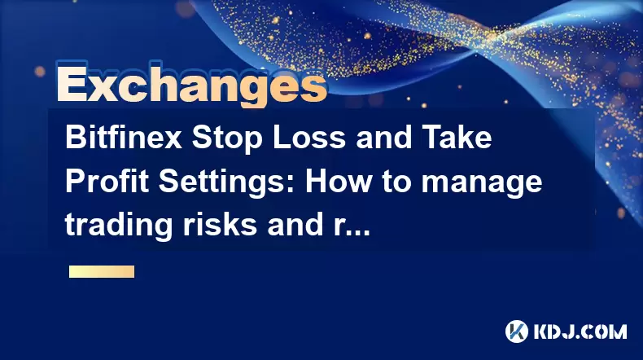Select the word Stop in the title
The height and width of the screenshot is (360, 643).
pyautogui.click(x=227, y=139)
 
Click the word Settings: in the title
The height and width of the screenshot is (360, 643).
pyautogui.click(x=226, y=183)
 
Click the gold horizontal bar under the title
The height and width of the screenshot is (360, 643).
pyautogui.click(x=102, y=271)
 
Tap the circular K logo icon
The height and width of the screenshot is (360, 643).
pyautogui.click(x=517, y=331)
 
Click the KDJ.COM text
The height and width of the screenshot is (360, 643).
pyautogui.click(x=580, y=331)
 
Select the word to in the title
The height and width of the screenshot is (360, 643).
pyautogui.click(x=397, y=182)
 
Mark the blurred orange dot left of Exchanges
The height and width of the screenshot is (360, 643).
pyautogui.click(x=40, y=72)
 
